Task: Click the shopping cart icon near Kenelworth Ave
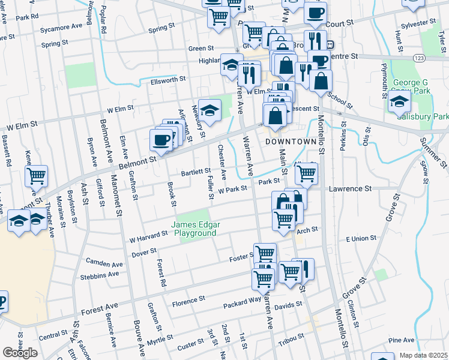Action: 37,176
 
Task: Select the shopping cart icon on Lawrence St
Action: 306,173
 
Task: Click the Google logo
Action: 20,353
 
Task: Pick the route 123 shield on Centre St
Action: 418,56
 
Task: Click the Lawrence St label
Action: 350,188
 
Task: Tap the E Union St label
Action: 360,238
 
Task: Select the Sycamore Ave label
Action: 61,28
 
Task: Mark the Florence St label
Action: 188,298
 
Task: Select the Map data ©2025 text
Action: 424,355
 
